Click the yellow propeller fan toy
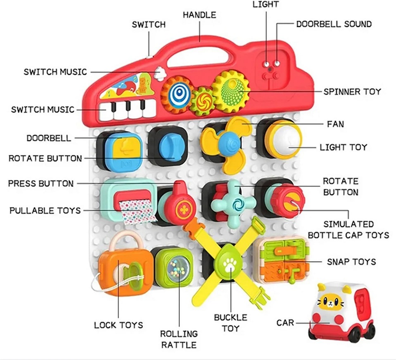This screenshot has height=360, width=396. click(x=226, y=143)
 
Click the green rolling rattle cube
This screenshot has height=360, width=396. click(x=174, y=268)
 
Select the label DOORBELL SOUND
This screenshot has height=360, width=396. click(x=334, y=24)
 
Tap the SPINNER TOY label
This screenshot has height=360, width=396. click(x=352, y=91)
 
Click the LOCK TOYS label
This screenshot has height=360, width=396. click(x=118, y=325)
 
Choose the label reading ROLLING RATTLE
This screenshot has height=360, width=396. click(x=179, y=339)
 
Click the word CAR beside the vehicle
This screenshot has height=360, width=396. click(x=285, y=322)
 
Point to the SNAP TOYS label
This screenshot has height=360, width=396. click(x=351, y=262)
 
